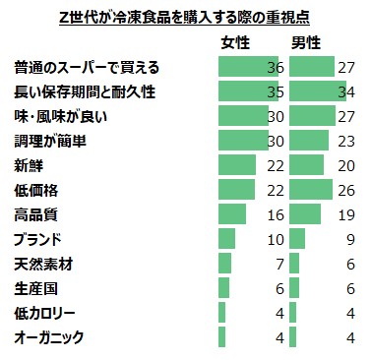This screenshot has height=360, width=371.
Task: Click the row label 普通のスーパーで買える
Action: click(87, 68)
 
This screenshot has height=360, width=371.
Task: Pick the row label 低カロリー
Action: click(49, 313)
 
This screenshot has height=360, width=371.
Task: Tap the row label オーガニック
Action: click(49, 337)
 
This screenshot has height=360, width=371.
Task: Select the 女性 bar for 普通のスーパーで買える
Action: click(244, 68)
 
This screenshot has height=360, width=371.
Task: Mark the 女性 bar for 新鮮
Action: click(236, 164)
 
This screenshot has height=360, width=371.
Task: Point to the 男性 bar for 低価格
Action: click(312, 189)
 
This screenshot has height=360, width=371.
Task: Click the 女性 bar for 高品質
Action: click(231, 213)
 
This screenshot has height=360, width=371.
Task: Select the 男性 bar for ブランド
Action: click(298, 238)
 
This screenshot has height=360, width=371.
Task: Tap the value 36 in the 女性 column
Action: click(275, 68)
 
